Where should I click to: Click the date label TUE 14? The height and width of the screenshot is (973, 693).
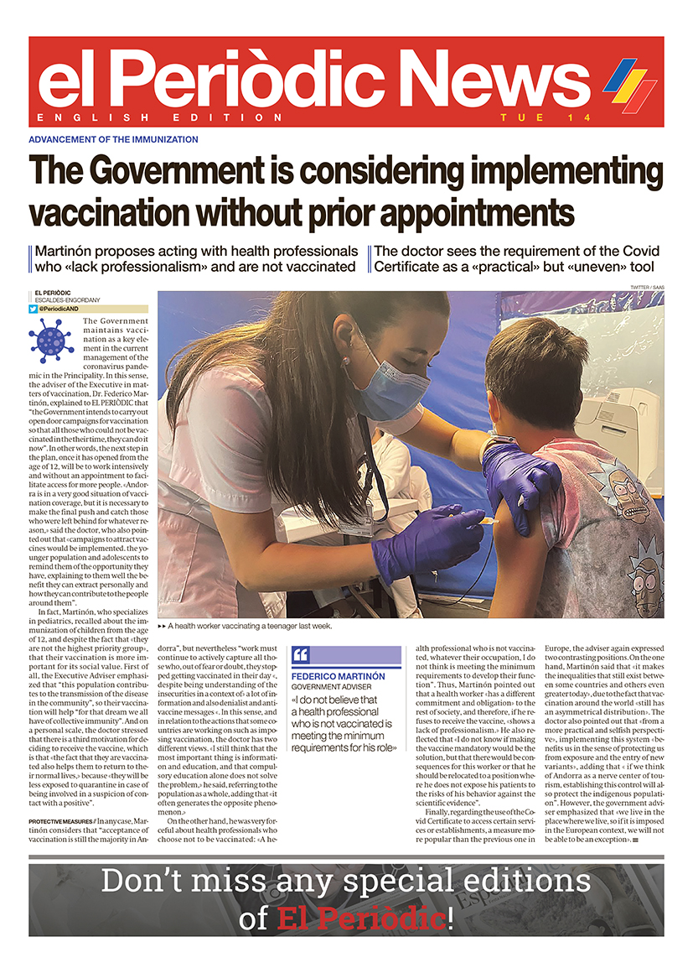click(x=528, y=117)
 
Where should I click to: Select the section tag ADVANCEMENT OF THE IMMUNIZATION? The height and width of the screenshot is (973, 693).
click(x=113, y=139)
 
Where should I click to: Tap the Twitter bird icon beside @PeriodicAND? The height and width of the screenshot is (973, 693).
click(x=34, y=309)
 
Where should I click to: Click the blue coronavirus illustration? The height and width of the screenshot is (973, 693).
click(x=50, y=340)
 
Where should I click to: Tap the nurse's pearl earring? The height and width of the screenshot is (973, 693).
click(x=344, y=360)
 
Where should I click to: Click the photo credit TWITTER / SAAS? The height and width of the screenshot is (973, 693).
click(x=640, y=288)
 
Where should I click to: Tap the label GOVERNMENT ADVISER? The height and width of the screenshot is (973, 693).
click(x=331, y=687)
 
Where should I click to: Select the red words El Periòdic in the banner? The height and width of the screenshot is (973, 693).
click(x=359, y=918)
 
